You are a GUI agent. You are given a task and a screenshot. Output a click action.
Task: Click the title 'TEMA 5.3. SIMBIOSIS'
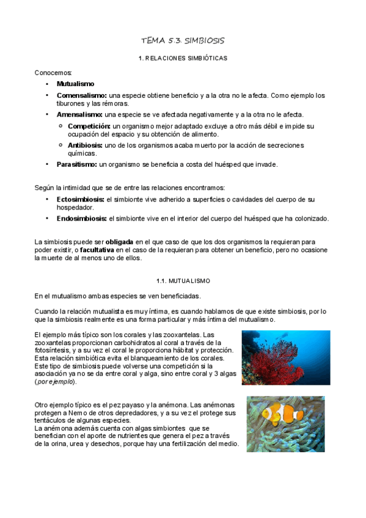coord(183,41)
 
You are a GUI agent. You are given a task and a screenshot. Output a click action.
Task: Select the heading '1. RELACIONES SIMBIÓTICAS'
coord(183,58)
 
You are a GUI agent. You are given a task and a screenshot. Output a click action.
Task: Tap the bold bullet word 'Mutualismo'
coord(75,84)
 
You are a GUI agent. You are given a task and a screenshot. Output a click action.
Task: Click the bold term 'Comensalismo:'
coord(82,96)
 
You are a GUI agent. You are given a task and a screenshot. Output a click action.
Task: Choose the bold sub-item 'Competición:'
coord(89,126)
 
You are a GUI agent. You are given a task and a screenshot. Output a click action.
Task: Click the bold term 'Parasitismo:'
coord(77,164)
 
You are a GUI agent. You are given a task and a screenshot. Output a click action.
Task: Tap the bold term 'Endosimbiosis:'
coord(82,218)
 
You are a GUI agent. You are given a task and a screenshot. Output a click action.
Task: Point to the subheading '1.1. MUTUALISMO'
coord(183,280)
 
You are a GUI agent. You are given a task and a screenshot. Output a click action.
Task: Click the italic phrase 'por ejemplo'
coord(56,381)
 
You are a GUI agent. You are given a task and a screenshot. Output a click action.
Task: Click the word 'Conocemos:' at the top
coord(53,72)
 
